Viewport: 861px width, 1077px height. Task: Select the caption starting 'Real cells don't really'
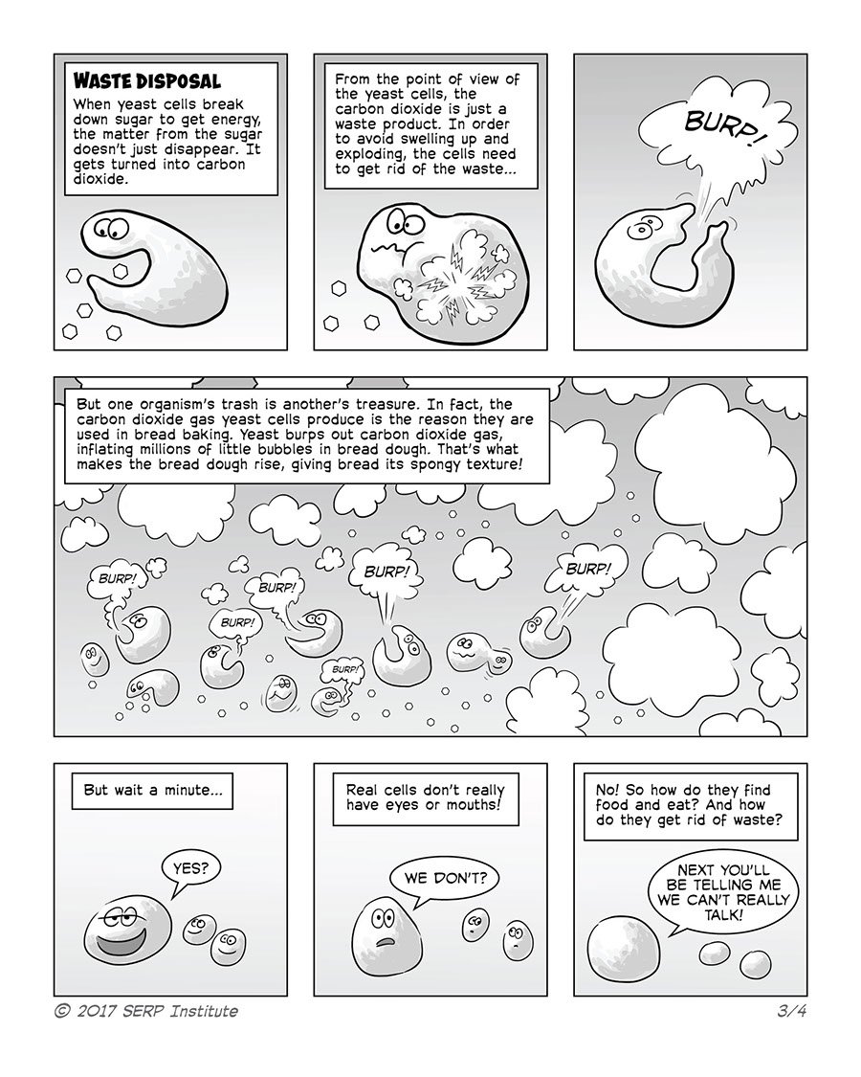[425, 803]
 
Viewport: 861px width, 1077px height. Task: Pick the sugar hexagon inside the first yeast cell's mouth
[120, 272]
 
